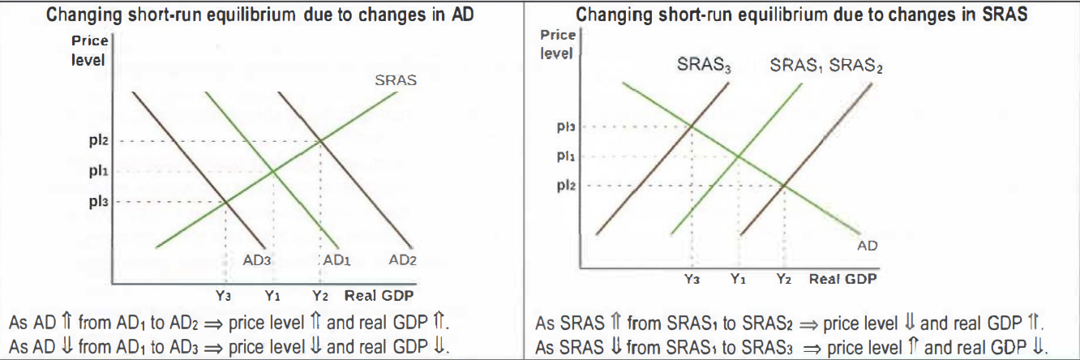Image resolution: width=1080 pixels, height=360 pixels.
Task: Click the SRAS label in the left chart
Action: [396, 81]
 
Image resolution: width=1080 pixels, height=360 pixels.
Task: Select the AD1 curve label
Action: [336, 260]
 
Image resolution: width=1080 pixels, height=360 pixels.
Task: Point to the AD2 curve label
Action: [403, 260]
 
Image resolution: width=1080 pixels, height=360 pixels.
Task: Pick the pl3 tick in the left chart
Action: [99, 201]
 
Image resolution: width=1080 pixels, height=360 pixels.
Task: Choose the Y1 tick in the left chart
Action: [272, 296]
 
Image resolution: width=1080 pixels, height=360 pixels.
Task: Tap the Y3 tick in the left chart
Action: [223, 296]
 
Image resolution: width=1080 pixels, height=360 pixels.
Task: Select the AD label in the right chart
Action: [868, 245]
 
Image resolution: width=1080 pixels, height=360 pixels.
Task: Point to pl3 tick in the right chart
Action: [566, 126]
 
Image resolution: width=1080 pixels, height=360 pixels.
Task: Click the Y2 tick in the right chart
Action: [783, 279]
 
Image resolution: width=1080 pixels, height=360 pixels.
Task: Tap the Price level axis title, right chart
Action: [557, 45]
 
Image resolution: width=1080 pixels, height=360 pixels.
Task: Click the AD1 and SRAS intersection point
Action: [272, 171]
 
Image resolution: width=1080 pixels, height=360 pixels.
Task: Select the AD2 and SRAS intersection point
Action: [321, 141]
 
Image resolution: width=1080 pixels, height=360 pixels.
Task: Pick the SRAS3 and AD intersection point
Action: [692, 126]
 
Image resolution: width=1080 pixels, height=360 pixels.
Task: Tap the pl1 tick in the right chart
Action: [566, 156]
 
